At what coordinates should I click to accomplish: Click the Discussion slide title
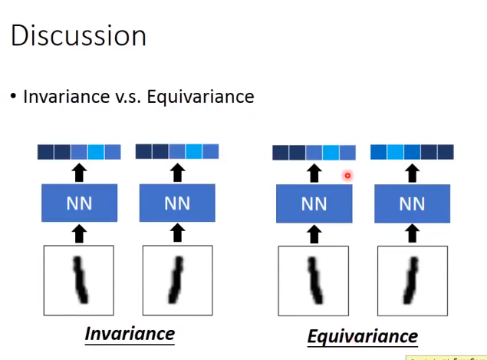pyautogui.click(x=78, y=36)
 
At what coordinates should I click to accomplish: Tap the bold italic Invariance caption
pyautogui.click(x=130, y=334)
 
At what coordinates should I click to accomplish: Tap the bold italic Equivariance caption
pyautogui.click(x=362, y=336)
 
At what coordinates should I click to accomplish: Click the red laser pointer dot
pyautogui.click(x=347, y=176)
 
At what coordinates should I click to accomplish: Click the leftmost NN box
pyautogui.click(x=79, y=205)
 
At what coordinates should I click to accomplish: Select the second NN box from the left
pyautogui.click(x=177, y=205)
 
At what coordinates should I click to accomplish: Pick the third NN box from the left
pyautogui.click(x=314, y=205)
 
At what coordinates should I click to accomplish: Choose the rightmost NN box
pyautogui.click(x=412, y=205)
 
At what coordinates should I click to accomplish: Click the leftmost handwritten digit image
pyautogui.click(x=79, y=280)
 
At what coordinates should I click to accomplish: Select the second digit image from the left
pyautogui.click(x=177, y=280)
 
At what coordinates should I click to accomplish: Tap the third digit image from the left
pyautogui.click(x=314, y=281)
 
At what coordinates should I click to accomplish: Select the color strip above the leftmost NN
pyautogui.click(x=79, y=152)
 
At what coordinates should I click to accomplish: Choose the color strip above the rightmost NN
pyautogui.click(x=412, y=152)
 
